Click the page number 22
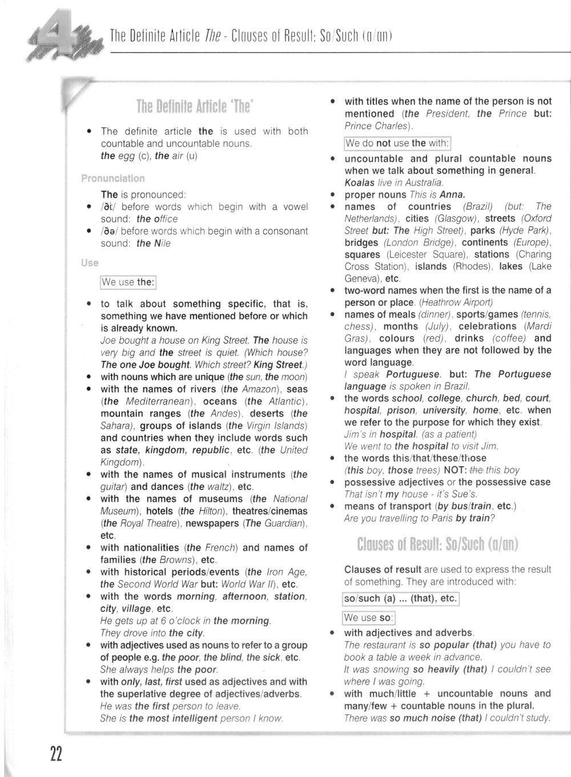point(55,754)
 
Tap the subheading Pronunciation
point(112,179)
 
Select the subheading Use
point(90,263)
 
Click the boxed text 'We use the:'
point(128,282)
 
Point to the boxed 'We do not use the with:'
point(398,143)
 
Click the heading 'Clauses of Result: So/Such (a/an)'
point(437,545)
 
